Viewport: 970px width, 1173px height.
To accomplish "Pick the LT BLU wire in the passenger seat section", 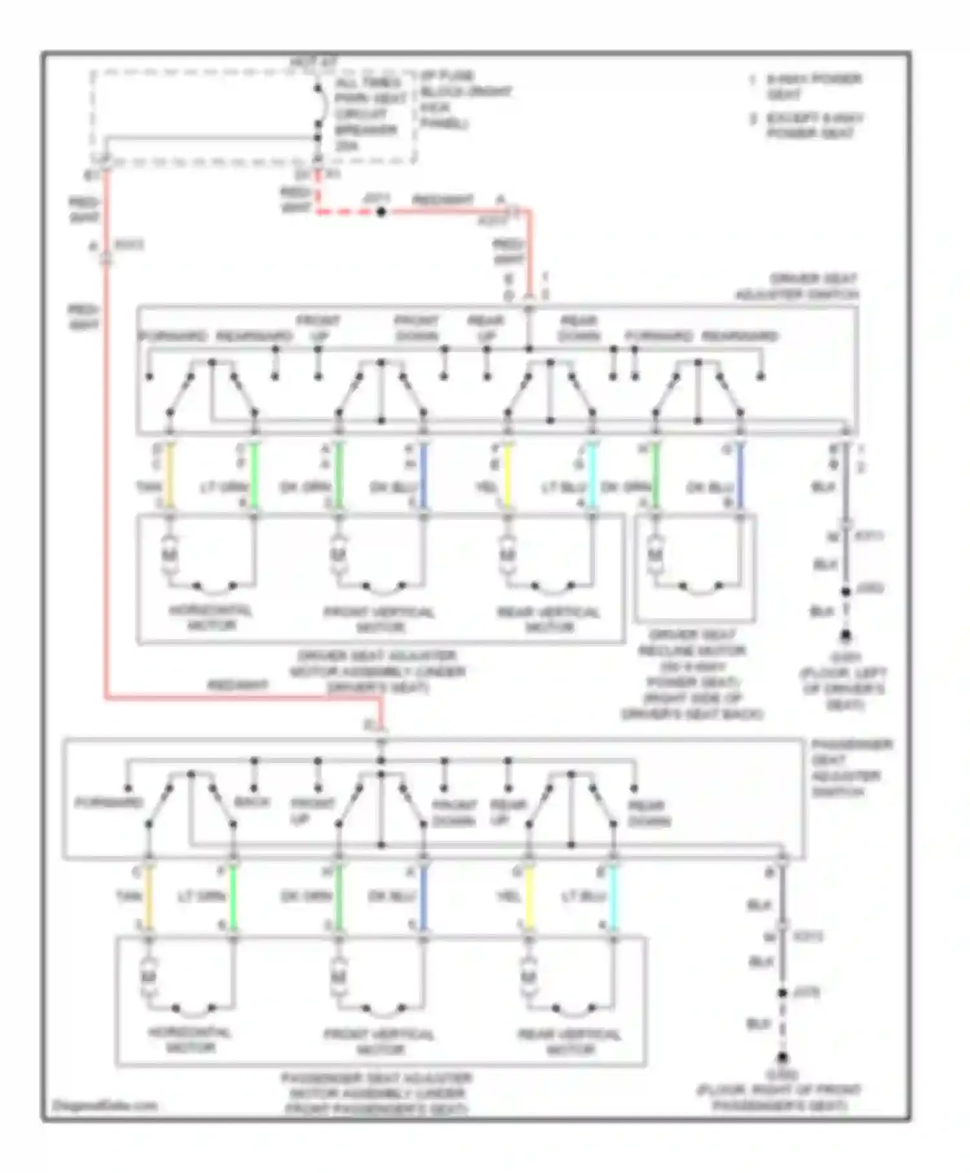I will point(613,899).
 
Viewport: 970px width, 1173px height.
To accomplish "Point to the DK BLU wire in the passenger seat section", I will point(424,899).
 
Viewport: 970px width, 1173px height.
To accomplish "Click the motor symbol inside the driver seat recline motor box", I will point(655,555).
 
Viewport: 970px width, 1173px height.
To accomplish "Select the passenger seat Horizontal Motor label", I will point(190,1039).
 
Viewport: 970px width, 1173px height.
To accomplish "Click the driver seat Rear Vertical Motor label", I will point(548,619).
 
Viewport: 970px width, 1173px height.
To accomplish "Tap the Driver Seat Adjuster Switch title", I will point(797,286).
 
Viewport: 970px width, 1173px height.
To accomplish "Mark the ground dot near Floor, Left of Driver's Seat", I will point(845,636).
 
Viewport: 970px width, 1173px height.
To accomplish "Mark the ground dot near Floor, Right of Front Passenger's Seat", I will point(782,1058).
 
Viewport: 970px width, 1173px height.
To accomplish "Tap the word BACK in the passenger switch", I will point(252,802).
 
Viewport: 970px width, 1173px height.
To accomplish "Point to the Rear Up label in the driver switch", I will point(486,328).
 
